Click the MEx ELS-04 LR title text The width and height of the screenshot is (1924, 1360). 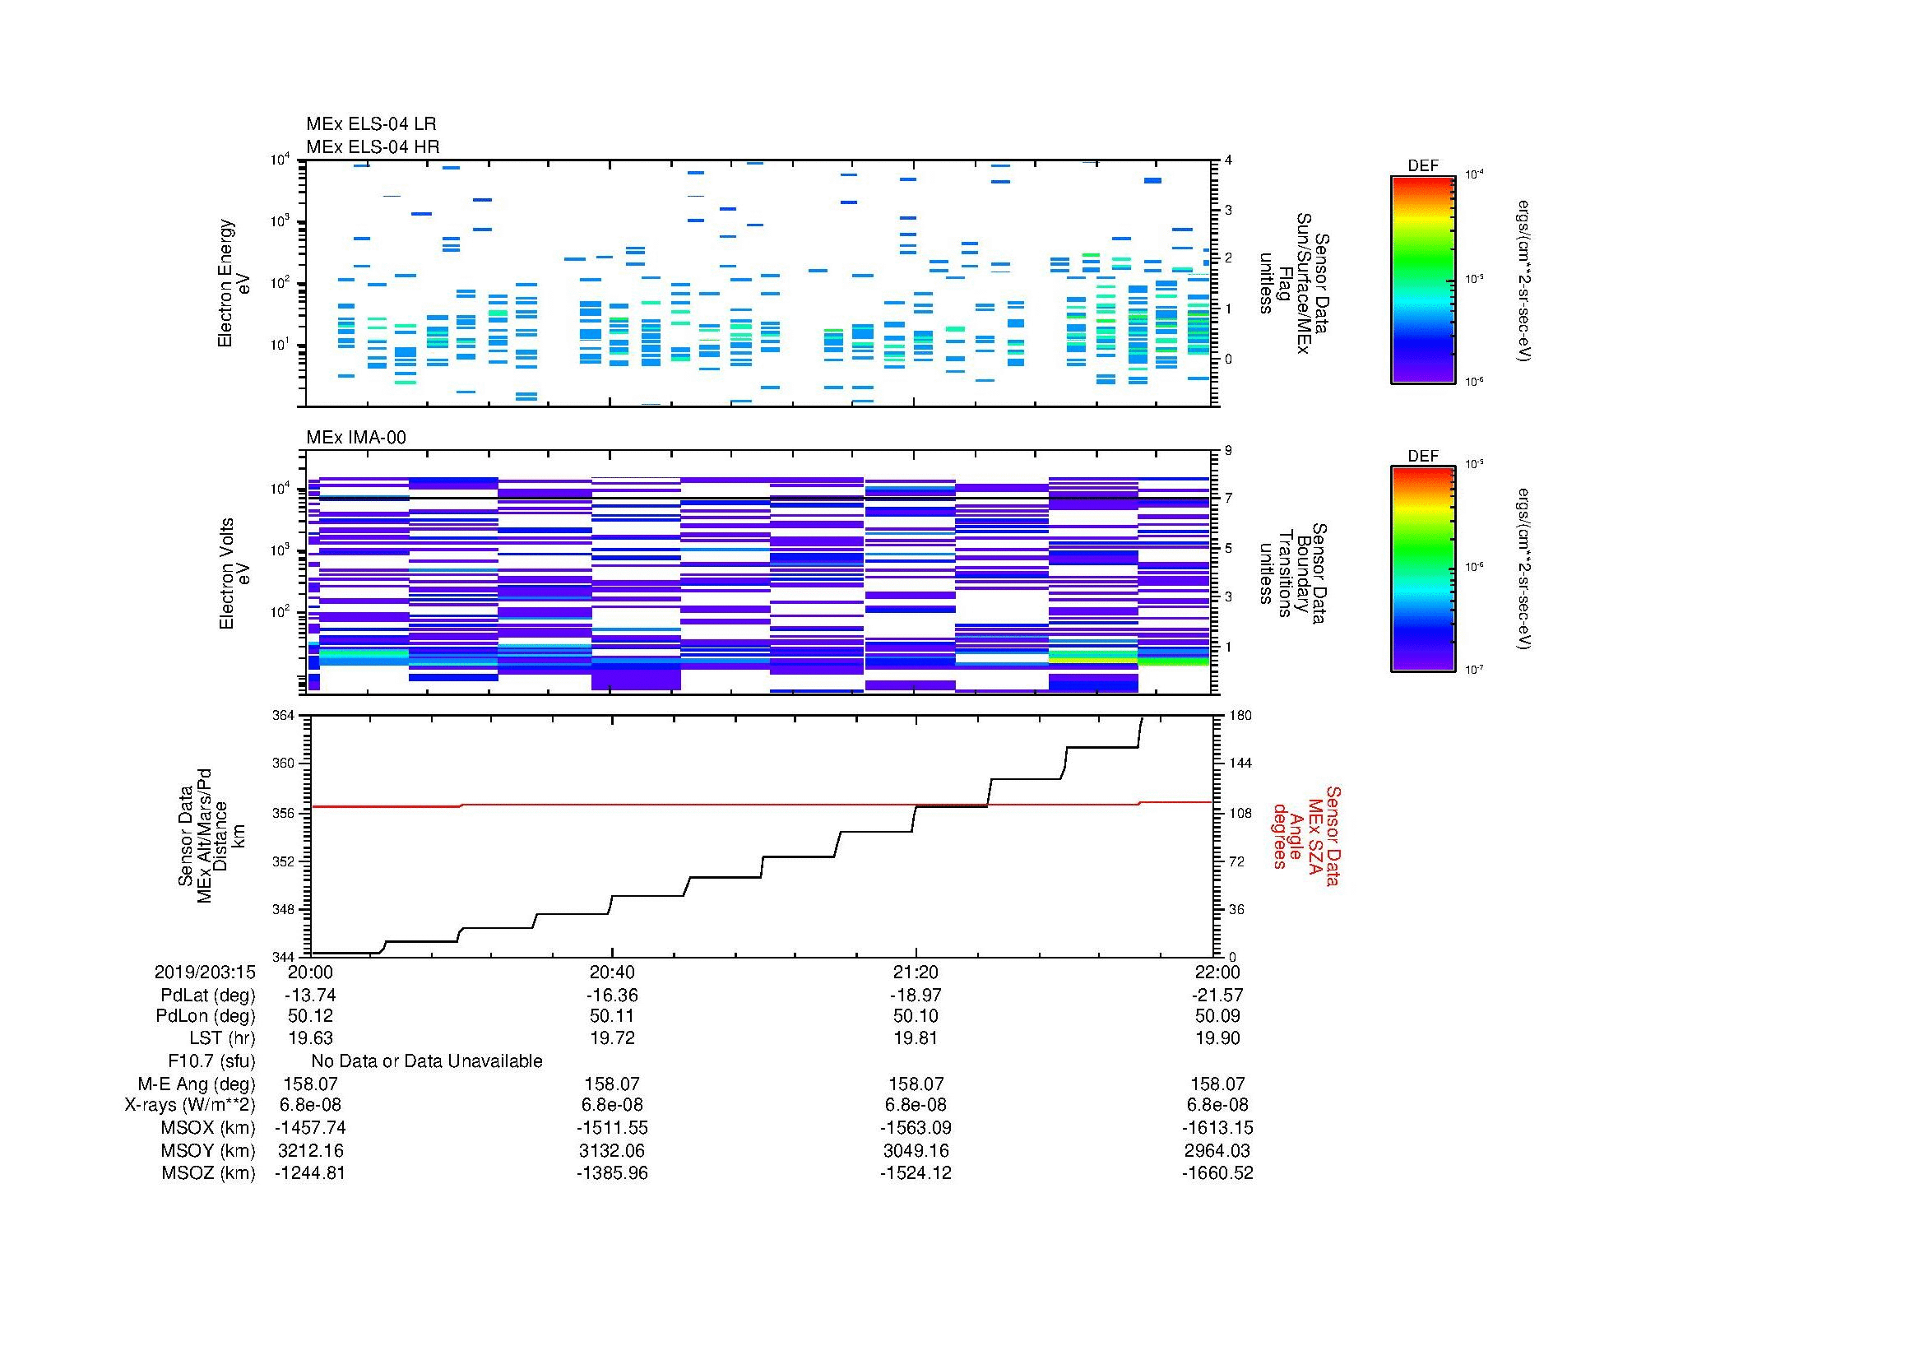(x=370, y=124)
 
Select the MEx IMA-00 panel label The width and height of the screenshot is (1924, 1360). (x=355, y=438)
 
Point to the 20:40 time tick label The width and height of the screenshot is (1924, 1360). (x=612, y=972)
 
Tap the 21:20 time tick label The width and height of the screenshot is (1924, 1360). (x=916, y=972)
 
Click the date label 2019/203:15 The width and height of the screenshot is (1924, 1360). (x=205, y=972)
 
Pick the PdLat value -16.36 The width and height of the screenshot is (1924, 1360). (x=612, y=995)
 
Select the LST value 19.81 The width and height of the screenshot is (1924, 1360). (x=916, y=1038)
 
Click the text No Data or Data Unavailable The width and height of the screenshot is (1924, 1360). (x=427, y=1061)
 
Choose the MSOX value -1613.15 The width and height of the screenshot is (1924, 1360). (x=1217, y=1128)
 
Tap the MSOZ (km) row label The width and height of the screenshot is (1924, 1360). (x=208, y=1173)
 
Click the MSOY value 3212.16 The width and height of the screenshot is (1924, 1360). (x=310, y=1150)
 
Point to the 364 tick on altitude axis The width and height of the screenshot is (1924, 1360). (x=284, y=716)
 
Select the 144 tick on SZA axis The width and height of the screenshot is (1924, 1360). (x=1240, y=764)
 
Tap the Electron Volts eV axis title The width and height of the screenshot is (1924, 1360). (x=235, y=574)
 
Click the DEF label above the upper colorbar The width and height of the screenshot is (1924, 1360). (x=1422, y=166)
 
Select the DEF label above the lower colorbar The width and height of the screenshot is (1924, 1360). (x=1422, y=457)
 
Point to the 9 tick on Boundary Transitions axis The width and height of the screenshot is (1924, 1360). (x=1228, y=451)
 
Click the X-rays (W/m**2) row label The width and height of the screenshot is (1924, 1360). (x=189, y=1105)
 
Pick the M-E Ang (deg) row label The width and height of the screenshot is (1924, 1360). (x=196, y=1084)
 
